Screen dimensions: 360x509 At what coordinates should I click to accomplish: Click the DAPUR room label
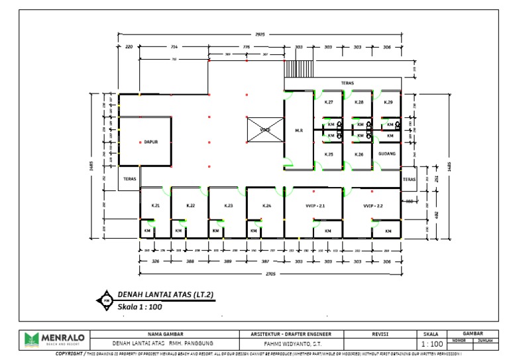pos(150,141)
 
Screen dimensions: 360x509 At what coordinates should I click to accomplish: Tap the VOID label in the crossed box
pos(264,129)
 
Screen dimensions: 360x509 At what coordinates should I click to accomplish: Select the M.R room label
pos(298,131)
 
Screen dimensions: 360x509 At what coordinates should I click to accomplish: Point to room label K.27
pos(329,102)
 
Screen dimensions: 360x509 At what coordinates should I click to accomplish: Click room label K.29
pos(388,102)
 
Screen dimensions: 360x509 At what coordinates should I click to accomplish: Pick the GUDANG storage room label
pos(388,154)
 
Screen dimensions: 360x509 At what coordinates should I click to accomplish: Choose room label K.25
pos(329,154)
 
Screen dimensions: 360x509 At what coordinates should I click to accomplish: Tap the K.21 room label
pos(155,206)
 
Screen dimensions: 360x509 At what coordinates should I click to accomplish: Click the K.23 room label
pos(228,206)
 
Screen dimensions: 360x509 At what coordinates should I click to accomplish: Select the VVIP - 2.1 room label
pos(315,206)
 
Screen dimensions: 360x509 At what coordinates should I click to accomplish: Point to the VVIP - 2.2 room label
pos(373,206)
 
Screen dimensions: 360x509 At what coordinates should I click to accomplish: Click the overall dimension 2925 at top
pos(260,33)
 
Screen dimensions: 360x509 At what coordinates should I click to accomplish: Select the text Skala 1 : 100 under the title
pos(140,307)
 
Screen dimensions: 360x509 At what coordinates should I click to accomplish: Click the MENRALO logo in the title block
pos(54,340)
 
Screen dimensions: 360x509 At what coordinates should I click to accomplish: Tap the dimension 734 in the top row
pos(174,47)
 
